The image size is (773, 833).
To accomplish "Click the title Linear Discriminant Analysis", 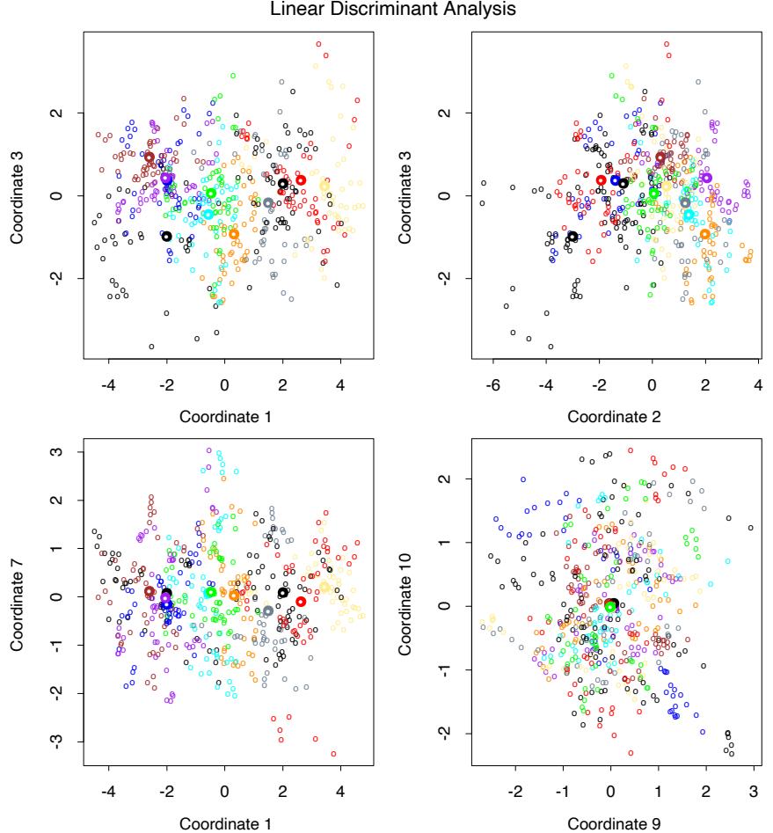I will (386, 10).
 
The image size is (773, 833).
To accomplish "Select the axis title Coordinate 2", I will (610, 417).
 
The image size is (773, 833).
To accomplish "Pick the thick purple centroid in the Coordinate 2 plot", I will (705, 178).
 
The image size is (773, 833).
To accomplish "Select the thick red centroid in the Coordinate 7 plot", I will (301, 602).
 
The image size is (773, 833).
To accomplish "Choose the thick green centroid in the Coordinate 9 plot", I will (610, 606).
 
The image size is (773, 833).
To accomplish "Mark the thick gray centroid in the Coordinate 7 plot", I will (267, 611).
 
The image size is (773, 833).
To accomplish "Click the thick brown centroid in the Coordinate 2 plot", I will (660, 157).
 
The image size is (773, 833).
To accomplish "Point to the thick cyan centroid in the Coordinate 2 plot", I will (689, 215).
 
